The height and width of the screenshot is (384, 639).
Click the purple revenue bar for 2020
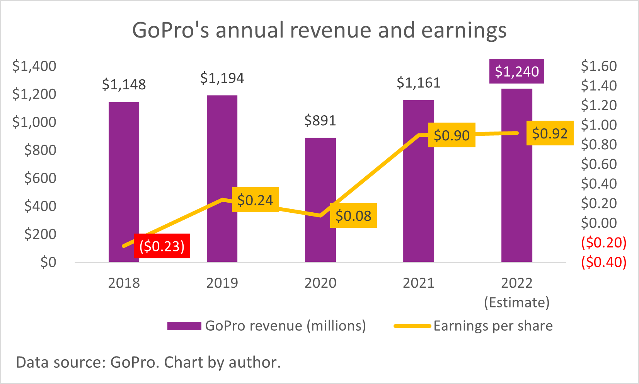(320, 240)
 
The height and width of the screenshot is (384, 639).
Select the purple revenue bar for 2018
(124, 174)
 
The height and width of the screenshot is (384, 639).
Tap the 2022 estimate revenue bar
(516, 193)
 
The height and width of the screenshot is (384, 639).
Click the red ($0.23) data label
(162, 246)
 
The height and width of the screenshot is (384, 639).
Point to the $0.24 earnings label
(255, 200)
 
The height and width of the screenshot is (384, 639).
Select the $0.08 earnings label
(353, 215)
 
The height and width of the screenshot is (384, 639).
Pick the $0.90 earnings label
(452, 135)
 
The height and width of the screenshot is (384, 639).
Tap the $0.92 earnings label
(550, 133)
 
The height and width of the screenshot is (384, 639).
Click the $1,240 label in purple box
(516, 71)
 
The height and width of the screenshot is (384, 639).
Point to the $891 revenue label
(320, 121)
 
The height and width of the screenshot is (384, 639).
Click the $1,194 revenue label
(222, 79)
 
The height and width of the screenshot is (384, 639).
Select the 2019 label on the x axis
(222, 283)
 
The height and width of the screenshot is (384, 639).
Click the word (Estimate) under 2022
(516, 302)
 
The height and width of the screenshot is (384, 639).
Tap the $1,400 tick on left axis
(34, 66)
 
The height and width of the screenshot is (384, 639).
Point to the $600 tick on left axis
(40, 178)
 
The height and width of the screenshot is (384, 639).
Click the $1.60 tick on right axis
(599, 66)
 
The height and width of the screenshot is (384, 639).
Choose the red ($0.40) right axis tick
(603, 262)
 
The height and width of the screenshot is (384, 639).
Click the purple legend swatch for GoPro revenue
(184, 326)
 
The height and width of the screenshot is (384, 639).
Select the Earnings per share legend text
(493, 326)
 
